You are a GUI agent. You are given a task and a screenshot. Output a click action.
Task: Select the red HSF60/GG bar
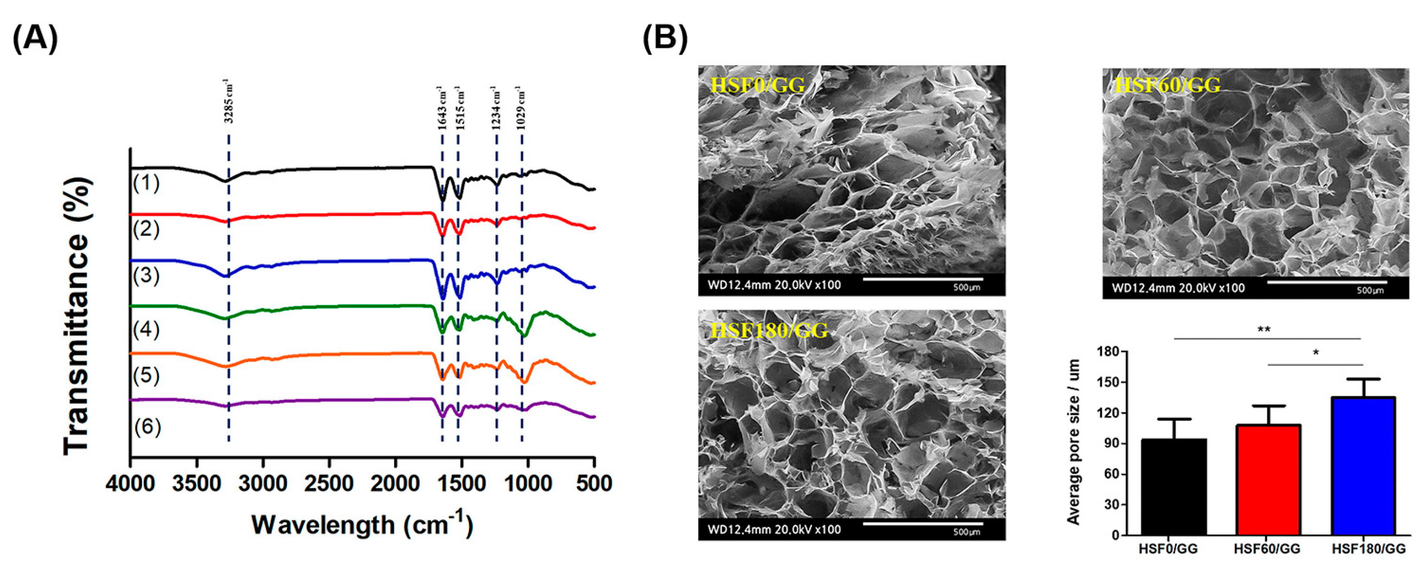click(1266, 479)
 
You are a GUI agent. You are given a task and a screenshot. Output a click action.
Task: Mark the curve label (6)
click(147, 426)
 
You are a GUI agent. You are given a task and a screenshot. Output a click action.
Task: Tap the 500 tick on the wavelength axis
click(593, 484)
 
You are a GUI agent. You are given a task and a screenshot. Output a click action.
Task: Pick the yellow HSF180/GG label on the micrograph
click(769, 330)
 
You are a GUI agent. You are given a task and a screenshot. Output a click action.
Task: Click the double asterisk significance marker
click(1264, 330)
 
